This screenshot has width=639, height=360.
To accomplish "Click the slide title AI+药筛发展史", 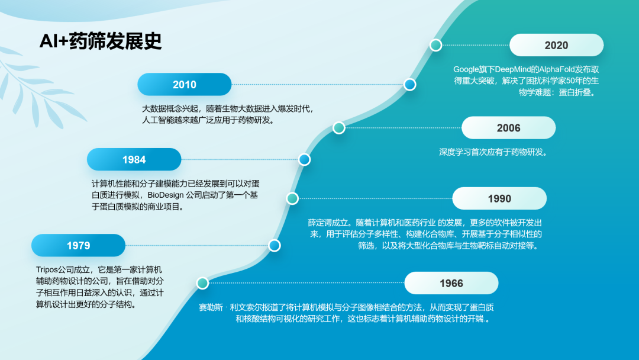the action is (x=100, y=41).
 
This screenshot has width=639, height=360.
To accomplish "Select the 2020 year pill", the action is (x=556, y=45).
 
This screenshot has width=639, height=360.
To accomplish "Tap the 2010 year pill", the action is (x=184, y=85).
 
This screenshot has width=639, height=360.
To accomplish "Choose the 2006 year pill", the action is (x=509, y=128).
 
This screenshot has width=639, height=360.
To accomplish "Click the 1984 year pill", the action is (x=134, y=159).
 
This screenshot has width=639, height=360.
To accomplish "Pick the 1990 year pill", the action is (x=499, y=198).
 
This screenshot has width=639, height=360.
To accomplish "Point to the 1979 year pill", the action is (x=78, y=246).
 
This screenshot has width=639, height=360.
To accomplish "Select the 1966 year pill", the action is (x=451, y=283).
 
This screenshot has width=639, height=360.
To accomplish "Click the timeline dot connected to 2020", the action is (x=435, y=45).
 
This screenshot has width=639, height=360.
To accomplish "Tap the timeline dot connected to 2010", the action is (x=409, y=85).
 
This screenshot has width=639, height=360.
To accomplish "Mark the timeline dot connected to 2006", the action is (x=338, y=128).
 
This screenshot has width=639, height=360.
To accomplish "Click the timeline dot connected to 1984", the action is (x=304, y=159).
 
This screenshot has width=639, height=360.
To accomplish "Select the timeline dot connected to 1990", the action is (x=292, y=198).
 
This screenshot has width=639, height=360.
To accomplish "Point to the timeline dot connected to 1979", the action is (x=275, y=246).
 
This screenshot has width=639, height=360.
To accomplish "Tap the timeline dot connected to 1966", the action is (x=202, y=283).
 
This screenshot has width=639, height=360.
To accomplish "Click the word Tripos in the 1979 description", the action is (x=47, y=270).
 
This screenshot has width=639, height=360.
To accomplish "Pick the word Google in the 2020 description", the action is (x=466, y=70).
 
